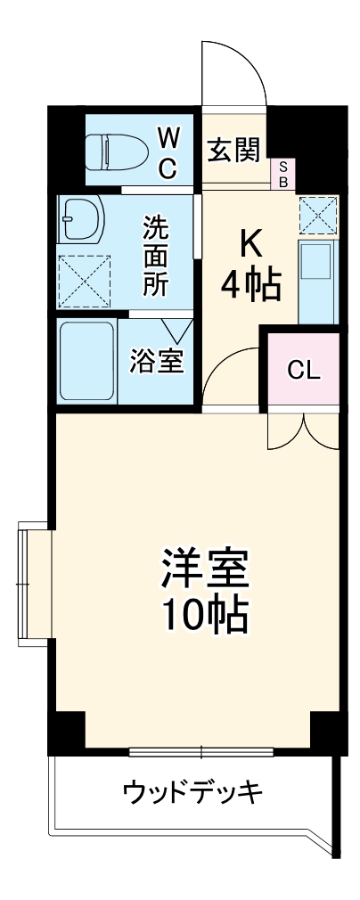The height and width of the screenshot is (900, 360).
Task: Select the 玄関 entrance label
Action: click(x=233, y=149)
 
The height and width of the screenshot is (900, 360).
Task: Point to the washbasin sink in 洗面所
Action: click(x=81, y=218)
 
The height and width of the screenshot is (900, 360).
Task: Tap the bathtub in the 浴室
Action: click(x=86, y=362)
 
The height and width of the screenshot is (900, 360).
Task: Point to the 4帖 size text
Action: click(x=251, y=286)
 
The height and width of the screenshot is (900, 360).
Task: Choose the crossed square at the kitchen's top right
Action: click(x=317, y=215)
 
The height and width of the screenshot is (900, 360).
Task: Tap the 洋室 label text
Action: click(x=204, y=570)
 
